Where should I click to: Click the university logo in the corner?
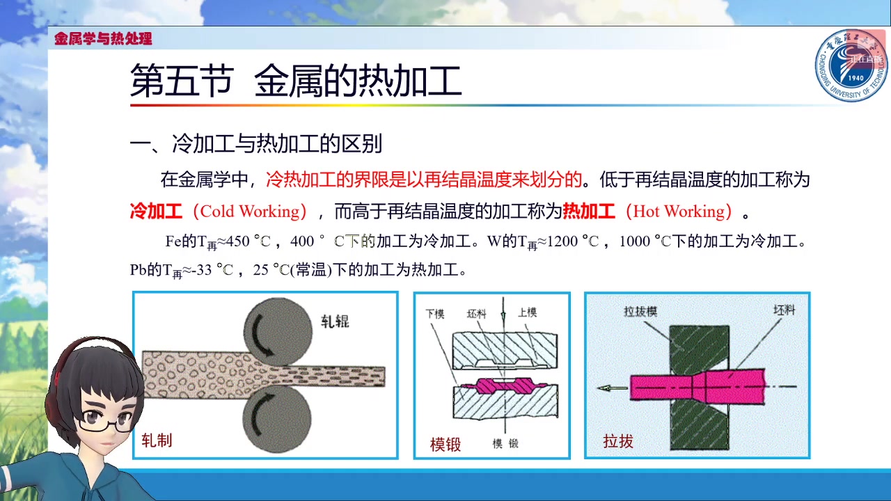tap(851, 66)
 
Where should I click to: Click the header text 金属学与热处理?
tap(103, 39)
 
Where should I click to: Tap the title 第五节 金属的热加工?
tap(296, 81)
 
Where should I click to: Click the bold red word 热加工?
tap(589, 212)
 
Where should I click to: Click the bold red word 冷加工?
tap(156, 212)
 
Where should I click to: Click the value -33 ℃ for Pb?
tap(213, 270)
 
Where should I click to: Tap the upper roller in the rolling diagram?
tap(277, 332)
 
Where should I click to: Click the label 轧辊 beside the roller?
tap(335, 321)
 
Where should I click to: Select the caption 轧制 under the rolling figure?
tap(157, 440)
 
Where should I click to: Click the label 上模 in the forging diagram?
tap(528, 313)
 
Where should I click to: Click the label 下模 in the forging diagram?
tap(435, 314)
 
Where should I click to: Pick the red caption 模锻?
tap(445, 444)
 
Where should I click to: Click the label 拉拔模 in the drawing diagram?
tap(640, 311)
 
